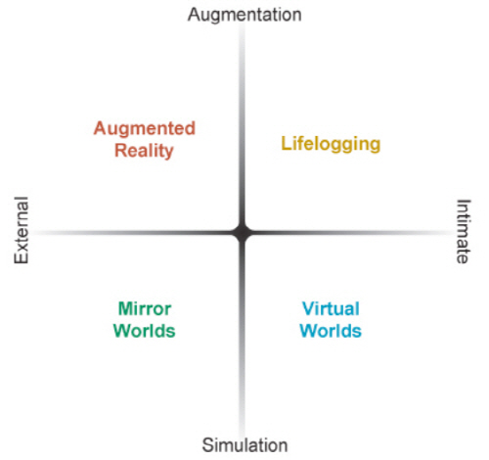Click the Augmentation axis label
pyautogui.click(x=244, y=16)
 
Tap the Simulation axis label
pyautogui.click(x=244, y=445)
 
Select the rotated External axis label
pyautogui.click(x=22, y=230)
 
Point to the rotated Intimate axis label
pyautogui.click(x=464, y=231)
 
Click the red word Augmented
pyautogui.click(x=145, y=129)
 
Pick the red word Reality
pyautogui.click(x=144, y=151)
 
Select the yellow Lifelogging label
pyautogui.click(x=331, y=144)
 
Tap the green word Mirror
pyautogui.click(x=145, y=308)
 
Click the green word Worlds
pyautogui.click(x=145, y=331)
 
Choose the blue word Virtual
pyautogui.click(x=331, y=308)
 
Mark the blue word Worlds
pyautogui.click(x=331, y=331)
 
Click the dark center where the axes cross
pyautogui.click(x=242, y=233)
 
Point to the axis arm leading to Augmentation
pyautogui.click(x=242, y=125)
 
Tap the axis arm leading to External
pyautogui.click(x=134, y=233)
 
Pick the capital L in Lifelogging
pyautogui.click(x=286, y=143)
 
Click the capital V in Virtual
pyautogui.click(x=309, y=308)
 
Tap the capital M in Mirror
pyautogui.click(x=125, y=308)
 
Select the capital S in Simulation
pyautogui.click(x=208, y=445)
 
